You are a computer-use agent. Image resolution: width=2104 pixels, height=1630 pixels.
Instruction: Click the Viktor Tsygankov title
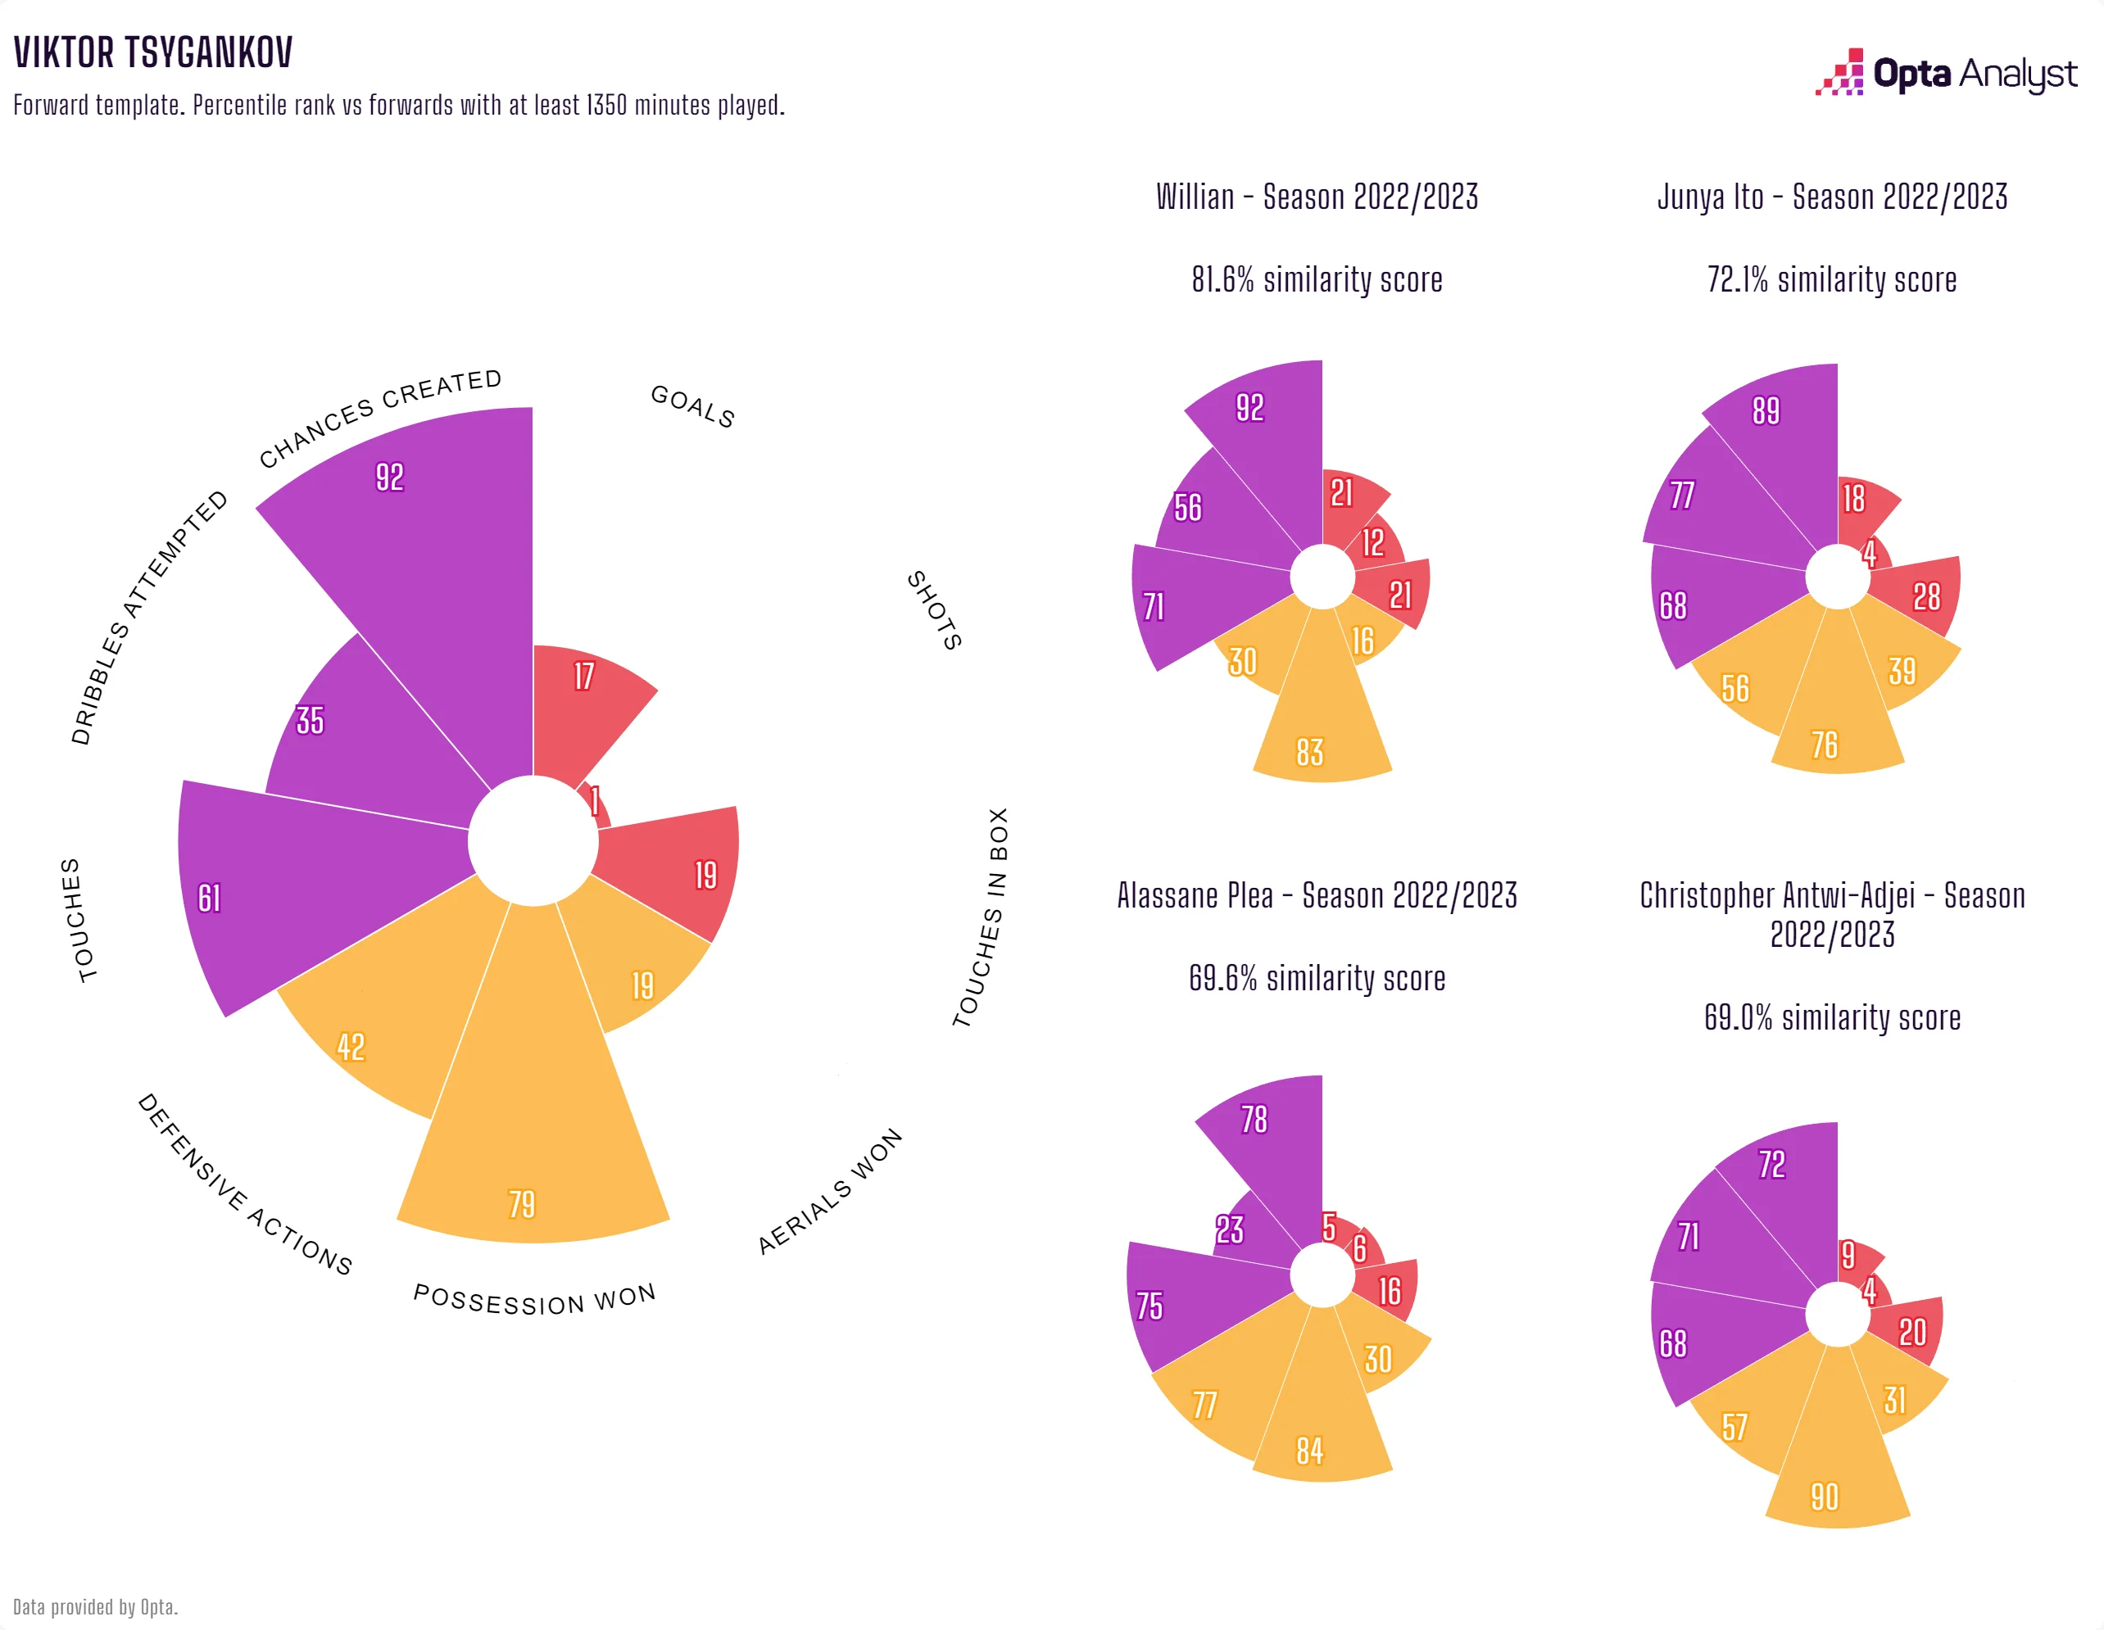153,53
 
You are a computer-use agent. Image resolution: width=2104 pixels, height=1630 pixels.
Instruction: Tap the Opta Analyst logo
1945,73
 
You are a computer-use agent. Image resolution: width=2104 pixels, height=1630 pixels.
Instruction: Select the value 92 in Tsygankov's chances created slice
389,477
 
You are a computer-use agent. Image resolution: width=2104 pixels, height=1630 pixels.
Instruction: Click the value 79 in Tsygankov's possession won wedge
521,1204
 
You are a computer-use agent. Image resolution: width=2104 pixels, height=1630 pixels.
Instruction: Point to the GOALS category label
692,405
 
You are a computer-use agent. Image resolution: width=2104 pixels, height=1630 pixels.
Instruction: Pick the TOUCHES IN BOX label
982,917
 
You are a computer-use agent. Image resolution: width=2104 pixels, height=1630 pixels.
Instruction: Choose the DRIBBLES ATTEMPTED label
149,618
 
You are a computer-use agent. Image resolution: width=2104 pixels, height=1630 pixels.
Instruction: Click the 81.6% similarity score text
1316,280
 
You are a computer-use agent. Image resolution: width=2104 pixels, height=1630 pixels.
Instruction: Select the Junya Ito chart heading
1831,197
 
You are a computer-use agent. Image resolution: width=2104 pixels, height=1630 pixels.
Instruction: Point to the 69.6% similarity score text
1316,979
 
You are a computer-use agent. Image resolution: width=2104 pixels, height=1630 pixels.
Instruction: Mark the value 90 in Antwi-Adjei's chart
1824,1497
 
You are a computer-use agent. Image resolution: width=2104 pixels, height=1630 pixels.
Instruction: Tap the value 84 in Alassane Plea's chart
1309,1451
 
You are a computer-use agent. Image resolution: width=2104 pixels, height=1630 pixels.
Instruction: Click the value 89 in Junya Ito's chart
1765,411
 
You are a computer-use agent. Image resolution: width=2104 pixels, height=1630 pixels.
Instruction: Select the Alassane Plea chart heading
1316,896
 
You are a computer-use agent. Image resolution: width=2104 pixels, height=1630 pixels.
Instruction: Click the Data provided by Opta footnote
95,1607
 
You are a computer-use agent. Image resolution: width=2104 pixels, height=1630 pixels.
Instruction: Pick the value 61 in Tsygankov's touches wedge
209,899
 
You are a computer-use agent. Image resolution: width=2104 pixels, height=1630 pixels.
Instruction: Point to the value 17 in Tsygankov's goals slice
584,677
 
